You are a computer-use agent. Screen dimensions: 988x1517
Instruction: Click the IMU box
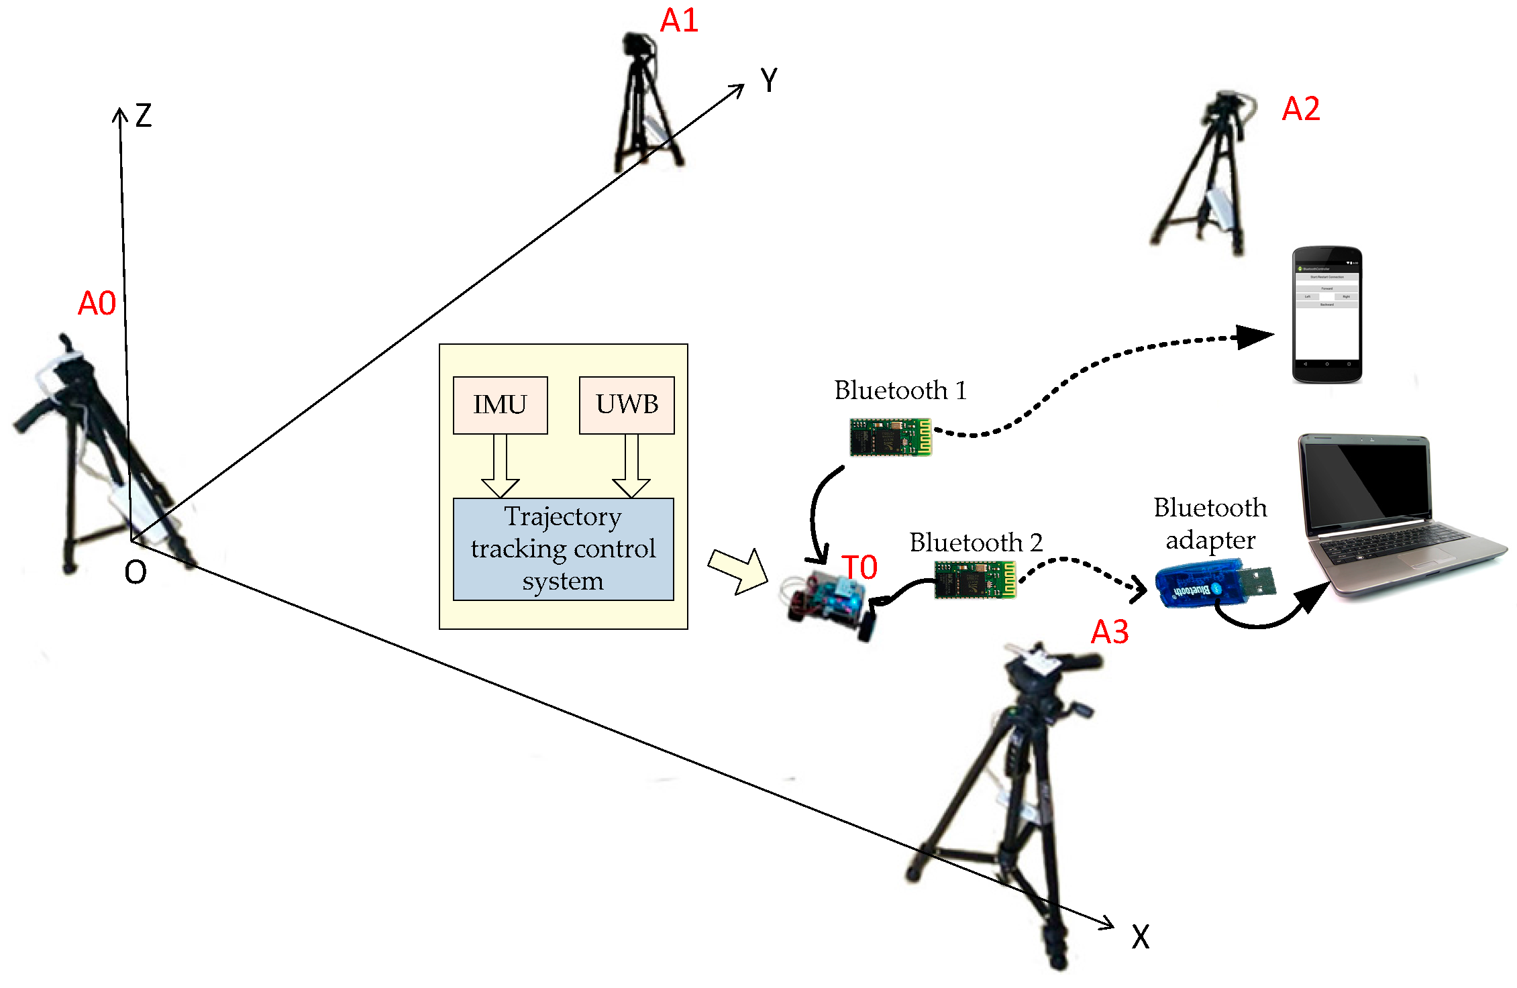tap(500, 405)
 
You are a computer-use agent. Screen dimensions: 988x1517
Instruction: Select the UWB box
tap(627, 405)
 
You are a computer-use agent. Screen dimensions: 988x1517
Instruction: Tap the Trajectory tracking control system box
tap(563, 549)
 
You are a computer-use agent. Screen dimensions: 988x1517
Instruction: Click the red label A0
tap(97, 304)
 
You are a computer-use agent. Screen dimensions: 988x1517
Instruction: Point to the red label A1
tap(679, 21)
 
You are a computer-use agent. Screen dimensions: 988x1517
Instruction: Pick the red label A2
tap(1300, 109)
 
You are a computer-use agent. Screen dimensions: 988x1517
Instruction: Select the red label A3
tap(1109, 633)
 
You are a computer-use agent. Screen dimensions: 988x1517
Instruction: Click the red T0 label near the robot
tap(859, 568)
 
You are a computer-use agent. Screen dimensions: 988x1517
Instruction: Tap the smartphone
tap(1326, 315)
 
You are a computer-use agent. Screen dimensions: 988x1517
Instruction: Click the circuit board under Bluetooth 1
tap(890, 437)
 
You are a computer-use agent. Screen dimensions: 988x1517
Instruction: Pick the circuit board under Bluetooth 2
tap(975, 580)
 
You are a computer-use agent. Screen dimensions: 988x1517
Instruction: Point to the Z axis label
tap(144, 116)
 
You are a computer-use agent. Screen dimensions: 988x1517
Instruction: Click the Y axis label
tap(769, 81)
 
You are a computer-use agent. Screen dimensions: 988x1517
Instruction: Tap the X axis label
tap(1140, 937)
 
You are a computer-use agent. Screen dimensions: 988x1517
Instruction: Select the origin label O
tap(136, 572)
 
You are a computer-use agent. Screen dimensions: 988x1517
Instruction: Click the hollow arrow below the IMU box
tap(500, 466)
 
